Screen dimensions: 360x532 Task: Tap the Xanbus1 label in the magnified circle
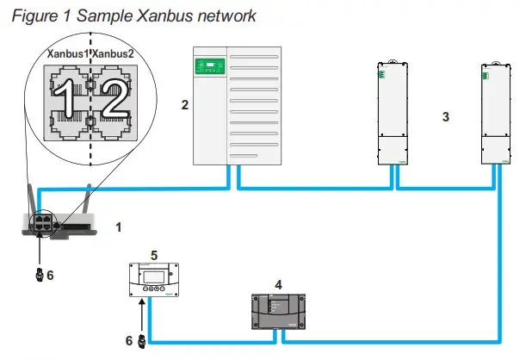tap(67, 53)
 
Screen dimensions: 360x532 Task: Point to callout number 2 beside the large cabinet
tap(184, 105)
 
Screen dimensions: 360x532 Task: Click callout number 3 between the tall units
tap(445, 115)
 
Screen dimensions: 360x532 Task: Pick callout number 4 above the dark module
tap(277, 283)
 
